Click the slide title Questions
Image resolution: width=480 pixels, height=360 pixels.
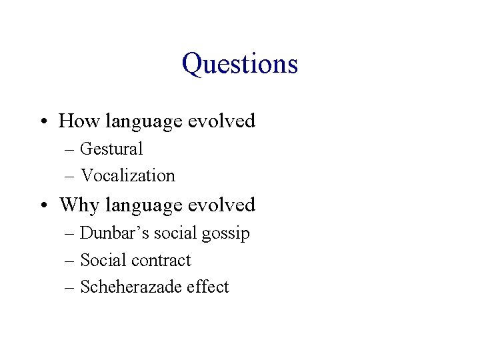(239, 64)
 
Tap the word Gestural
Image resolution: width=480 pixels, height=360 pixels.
(111, 149)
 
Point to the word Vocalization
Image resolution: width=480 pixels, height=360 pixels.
(127, 175)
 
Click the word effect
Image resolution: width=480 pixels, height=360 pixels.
(207, 287)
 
